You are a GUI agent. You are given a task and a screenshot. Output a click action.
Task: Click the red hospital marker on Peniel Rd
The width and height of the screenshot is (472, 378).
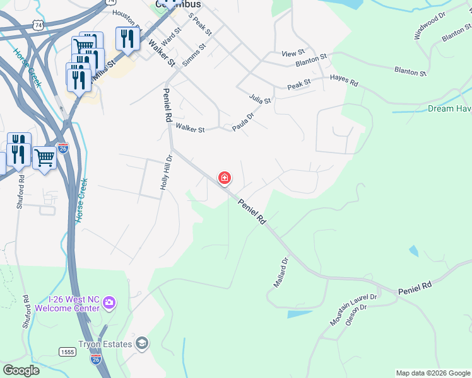coord(224,178)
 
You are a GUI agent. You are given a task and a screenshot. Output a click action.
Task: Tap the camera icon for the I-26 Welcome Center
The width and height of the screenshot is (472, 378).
coord(109,303)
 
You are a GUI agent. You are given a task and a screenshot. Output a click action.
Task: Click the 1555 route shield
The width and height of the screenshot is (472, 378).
coord(68,351)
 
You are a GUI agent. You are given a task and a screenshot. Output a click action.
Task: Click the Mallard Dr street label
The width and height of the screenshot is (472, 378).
coord(281,272)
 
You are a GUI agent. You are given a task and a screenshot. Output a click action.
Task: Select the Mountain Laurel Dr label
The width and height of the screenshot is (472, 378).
coord(353,310)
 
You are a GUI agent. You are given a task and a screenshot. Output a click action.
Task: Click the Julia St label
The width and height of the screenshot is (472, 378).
coord(259,99)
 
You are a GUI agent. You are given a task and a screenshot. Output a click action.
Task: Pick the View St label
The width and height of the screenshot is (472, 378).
coord(293,53)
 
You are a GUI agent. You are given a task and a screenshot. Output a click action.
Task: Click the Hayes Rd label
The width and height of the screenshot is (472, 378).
coord(344,82)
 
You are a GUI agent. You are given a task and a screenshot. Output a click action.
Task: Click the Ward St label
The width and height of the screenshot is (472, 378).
coord(171,34)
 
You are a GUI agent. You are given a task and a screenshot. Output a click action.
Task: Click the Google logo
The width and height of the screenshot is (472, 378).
coord(21,370)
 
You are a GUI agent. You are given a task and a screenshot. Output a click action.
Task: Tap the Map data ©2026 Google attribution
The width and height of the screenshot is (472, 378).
coord(433,373)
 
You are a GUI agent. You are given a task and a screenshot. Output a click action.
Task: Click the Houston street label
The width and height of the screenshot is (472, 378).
coord(125,13)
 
